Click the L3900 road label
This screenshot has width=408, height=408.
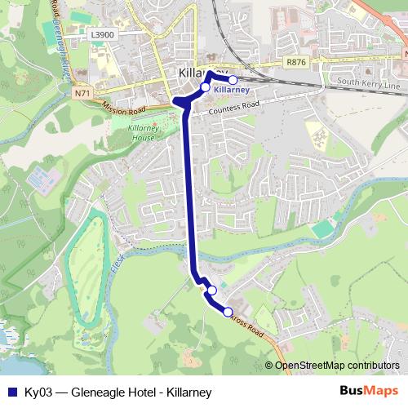[104, 35]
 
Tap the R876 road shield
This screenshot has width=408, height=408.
[295, 61]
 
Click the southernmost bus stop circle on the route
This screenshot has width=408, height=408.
[228, 311]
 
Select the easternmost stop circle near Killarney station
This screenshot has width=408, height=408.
[233, 80]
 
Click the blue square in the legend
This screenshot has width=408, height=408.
[11, 392]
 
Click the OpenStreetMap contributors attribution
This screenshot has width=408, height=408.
[337, 365]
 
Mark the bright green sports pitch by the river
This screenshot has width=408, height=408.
[323, 230]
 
